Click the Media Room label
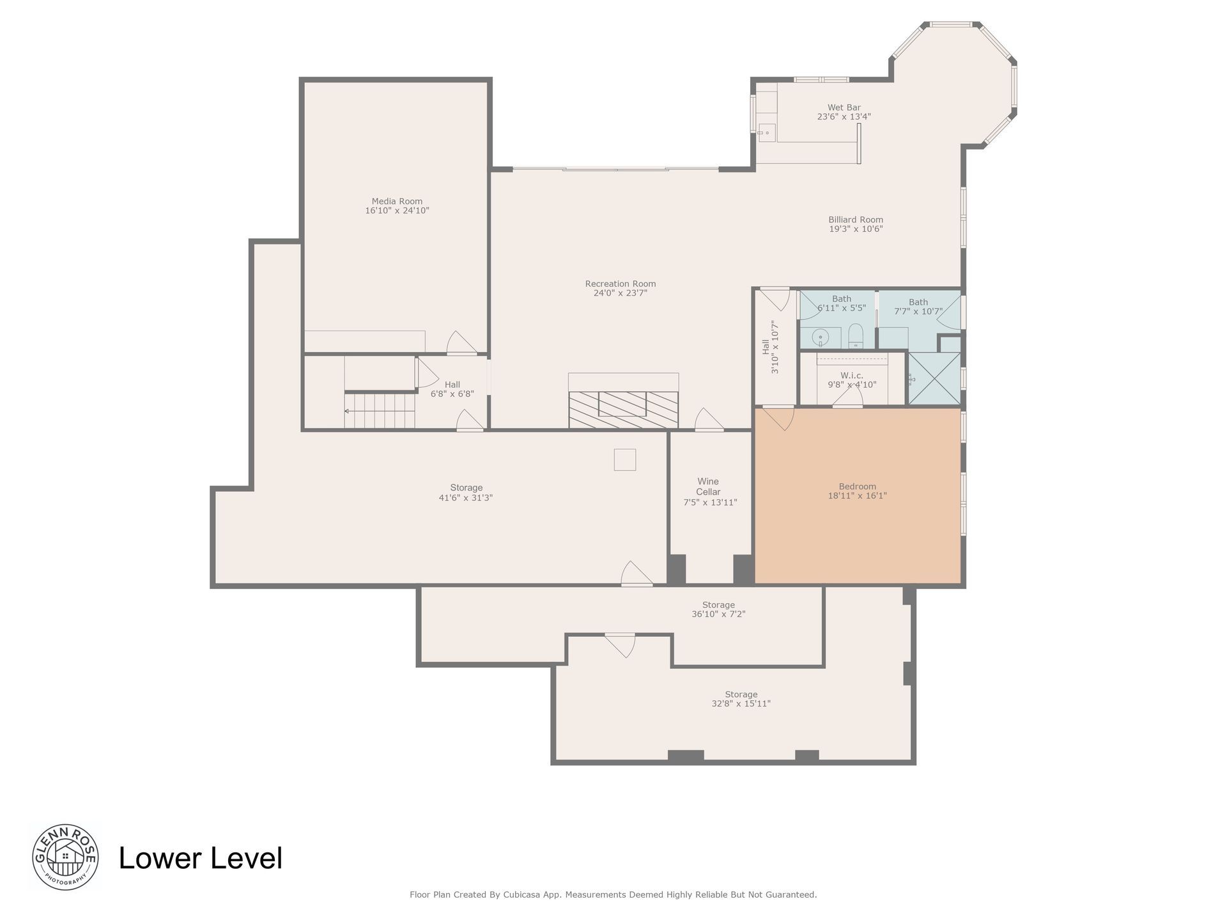397,201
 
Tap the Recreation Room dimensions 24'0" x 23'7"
621,293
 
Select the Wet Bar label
844,107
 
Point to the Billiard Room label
856,220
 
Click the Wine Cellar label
708,487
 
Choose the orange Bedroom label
857,486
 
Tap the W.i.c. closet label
852,376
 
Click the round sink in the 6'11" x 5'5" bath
820,336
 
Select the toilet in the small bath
856,336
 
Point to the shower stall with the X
934,378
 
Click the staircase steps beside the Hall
380,411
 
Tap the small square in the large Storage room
625,459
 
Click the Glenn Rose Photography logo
65,856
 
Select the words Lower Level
201,858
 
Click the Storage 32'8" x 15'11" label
741,699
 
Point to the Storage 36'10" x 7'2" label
718,609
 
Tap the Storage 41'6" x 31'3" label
466,493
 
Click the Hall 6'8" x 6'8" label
452,389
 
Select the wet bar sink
767,133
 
